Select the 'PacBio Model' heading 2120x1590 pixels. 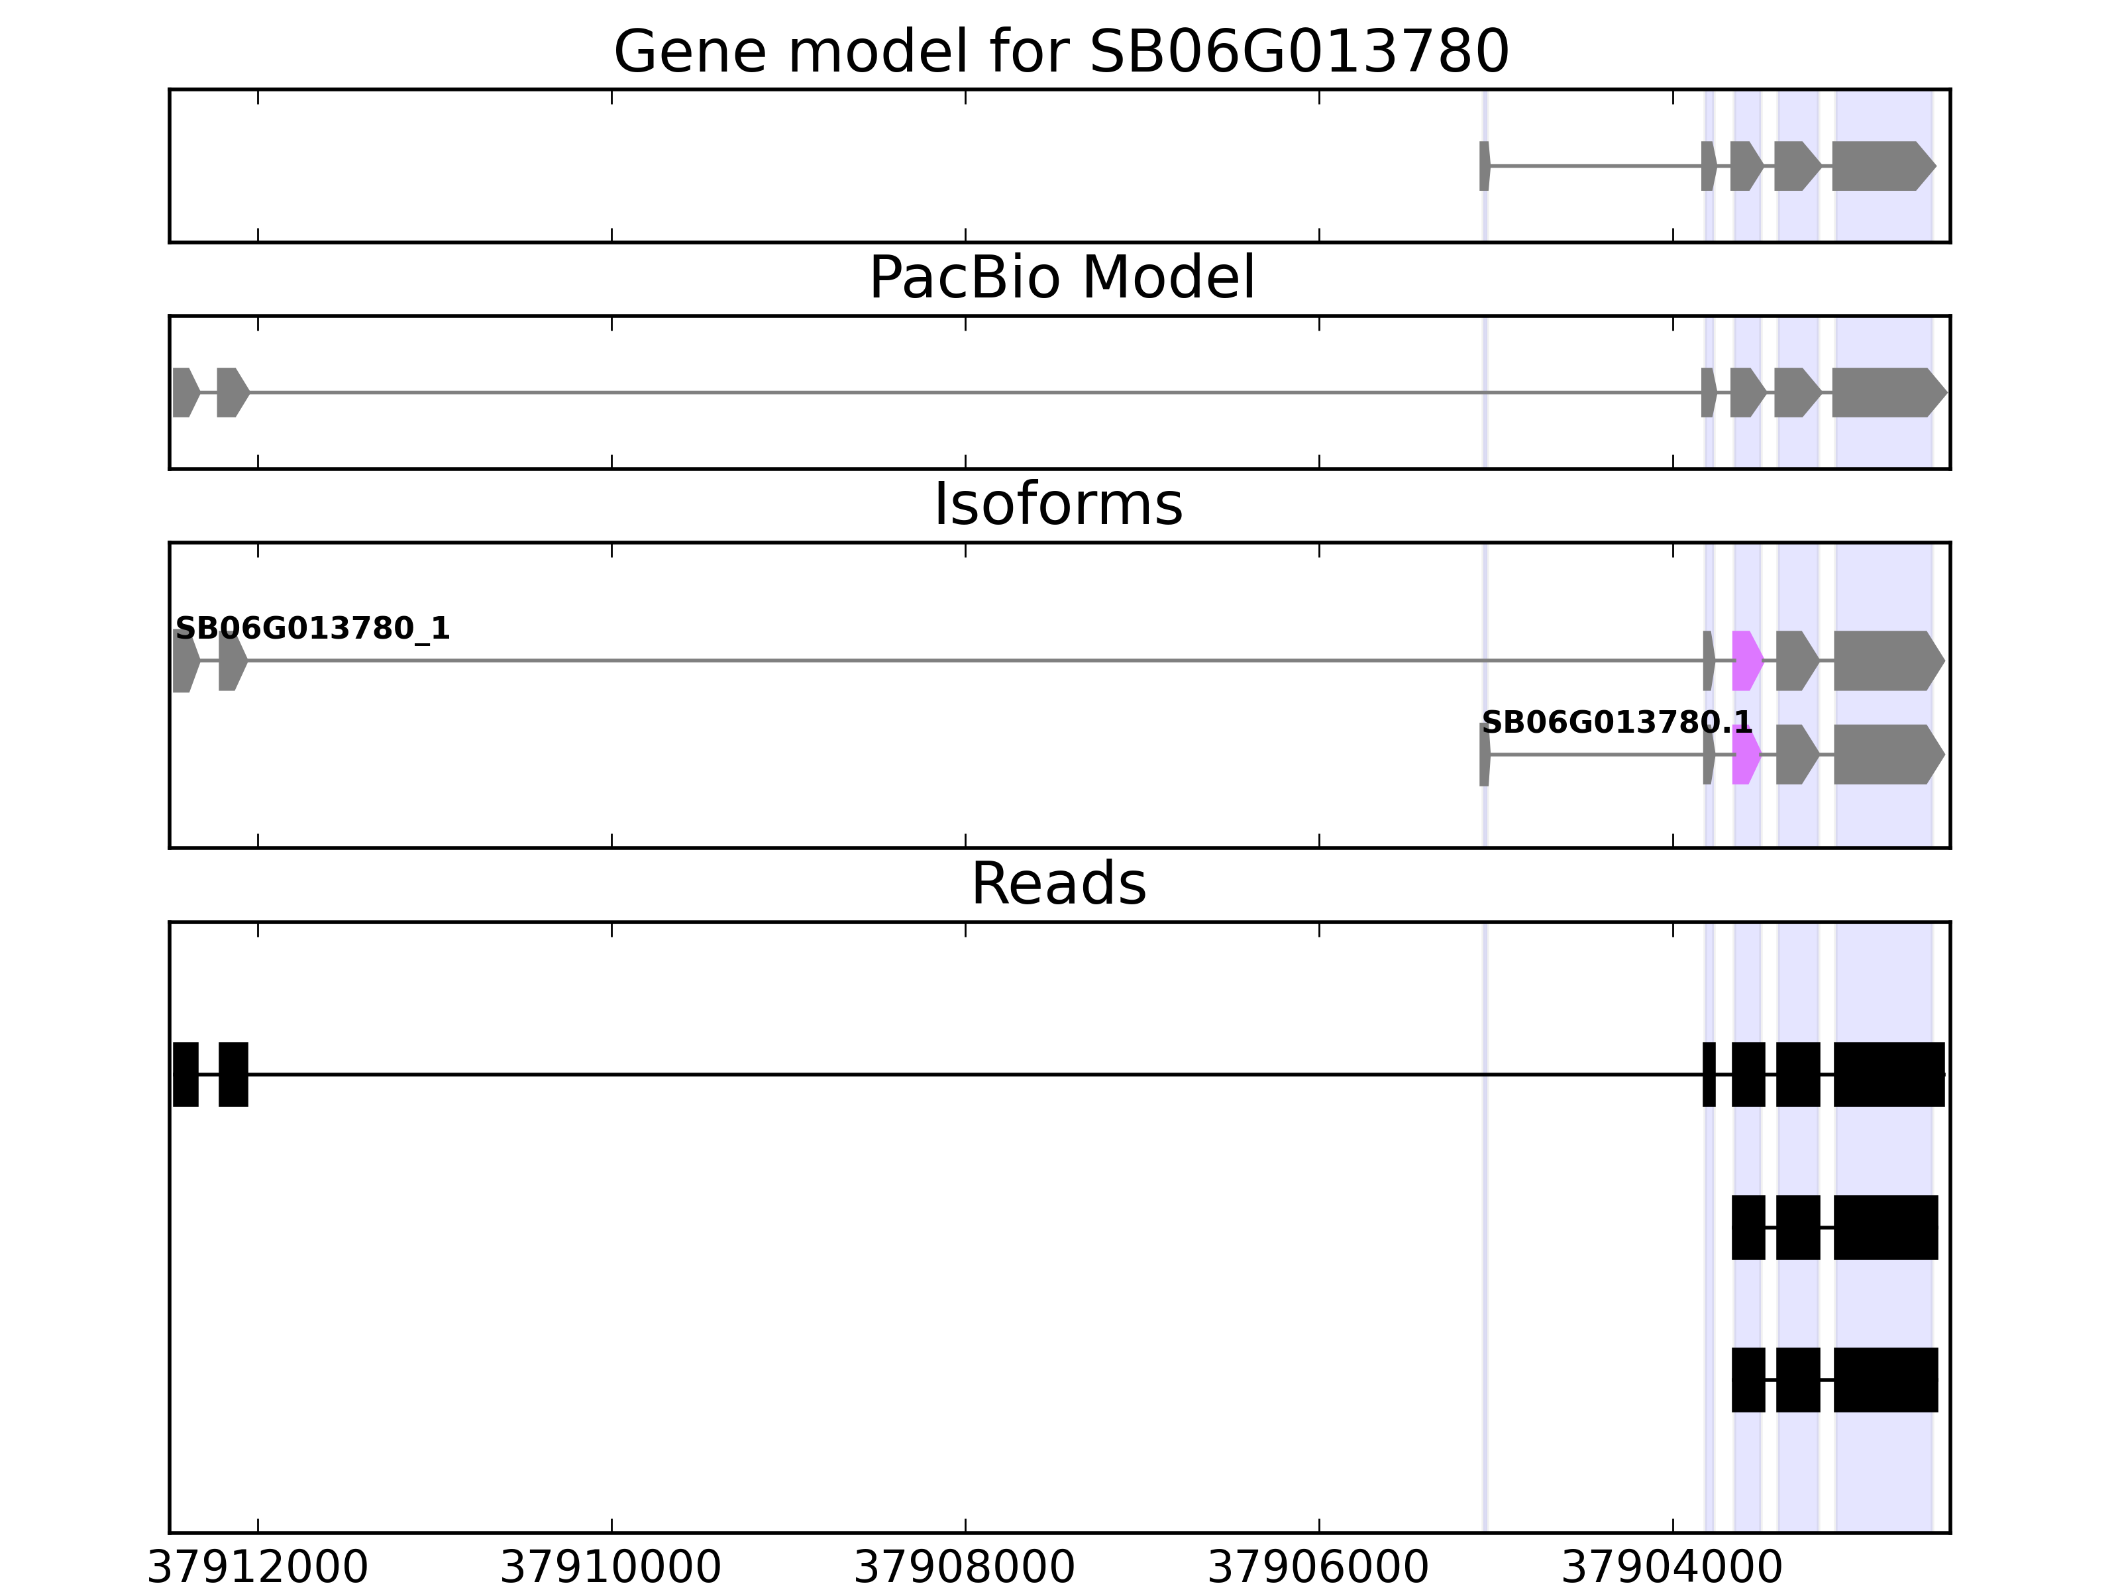(1061, 278)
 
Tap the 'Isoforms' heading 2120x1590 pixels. (1058, 504)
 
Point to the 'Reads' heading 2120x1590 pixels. (1058, 884)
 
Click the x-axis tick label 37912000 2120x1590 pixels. (257, 1569)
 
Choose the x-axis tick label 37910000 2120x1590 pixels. (611, 1569)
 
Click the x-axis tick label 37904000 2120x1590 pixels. (1671, 1569)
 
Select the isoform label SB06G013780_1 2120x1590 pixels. (313, 629)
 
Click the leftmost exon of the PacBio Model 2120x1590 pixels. (185, 392)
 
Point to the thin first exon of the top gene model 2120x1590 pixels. (1483, 166)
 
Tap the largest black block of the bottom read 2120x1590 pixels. (1885, 1379)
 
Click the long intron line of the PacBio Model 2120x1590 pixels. (959, 392)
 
